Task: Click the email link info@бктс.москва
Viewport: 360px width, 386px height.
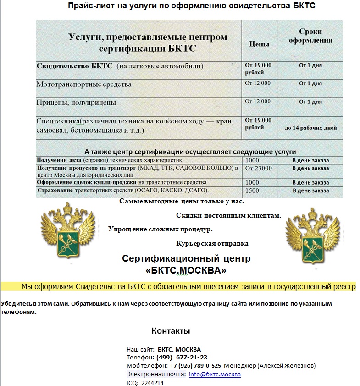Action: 215,374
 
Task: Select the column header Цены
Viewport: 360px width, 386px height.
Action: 259,44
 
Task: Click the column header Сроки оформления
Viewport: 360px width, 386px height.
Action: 310,36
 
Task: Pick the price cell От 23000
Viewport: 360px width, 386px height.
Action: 259,168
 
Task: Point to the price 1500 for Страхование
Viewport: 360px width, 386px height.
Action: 252,190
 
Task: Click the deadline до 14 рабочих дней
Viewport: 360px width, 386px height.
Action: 310,128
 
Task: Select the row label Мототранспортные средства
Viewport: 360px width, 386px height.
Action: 84,84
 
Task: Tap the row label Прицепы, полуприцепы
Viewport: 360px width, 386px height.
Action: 76,102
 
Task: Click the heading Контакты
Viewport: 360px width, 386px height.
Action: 171,331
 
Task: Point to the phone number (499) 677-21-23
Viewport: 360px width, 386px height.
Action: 182,357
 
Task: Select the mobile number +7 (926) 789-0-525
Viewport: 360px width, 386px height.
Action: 196,365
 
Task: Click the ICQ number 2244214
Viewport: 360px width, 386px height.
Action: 152,382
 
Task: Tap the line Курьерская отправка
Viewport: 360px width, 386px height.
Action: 212,243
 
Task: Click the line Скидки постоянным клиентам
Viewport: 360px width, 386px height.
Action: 228,215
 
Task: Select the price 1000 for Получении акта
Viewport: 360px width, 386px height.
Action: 252,160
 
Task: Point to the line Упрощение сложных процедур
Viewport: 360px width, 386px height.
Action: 161,229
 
